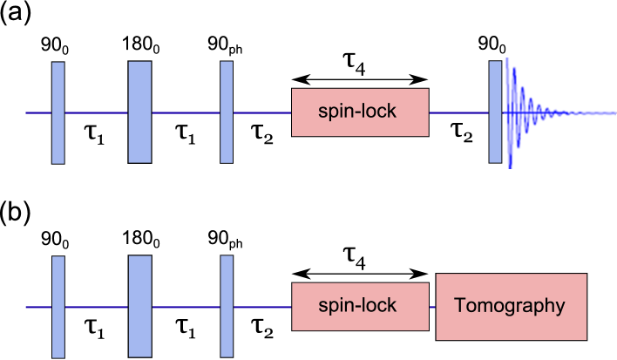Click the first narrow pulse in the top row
coord(58,112)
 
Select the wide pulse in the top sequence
coord(139,112)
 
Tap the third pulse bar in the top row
coord(227,112)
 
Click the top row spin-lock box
coord(360,112)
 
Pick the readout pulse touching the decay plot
coord(495,112)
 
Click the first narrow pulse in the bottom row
coord(58,307)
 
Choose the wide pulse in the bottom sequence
coord(139,307)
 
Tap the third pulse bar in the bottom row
coord(227,307)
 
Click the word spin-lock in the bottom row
coord(357,306)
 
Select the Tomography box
coord(511,307)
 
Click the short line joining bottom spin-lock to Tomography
coord(432,308)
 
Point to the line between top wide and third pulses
coord(186,113)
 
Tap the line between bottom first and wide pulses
coord(96,308)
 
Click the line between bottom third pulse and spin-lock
coord(262,308)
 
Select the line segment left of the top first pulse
coord(38,113)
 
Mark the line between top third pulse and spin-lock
coord(262,113)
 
